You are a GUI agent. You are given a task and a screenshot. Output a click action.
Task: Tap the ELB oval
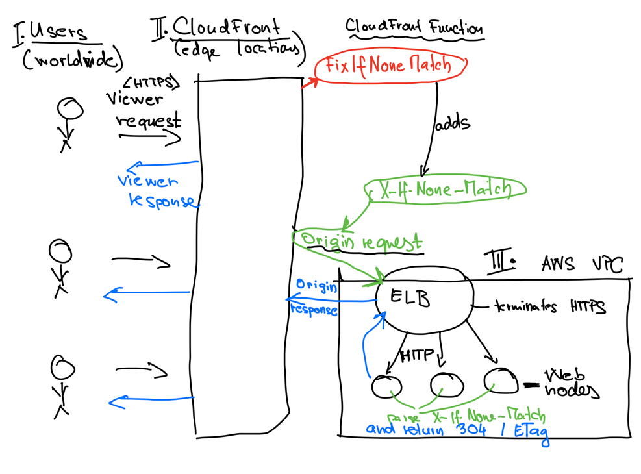(x=422, y=299)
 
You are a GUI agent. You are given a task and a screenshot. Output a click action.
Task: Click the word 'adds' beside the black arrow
(x=451, y=123)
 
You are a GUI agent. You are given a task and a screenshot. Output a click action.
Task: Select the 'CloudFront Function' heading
(x=414, y=29)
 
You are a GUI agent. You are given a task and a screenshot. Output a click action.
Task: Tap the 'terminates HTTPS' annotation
(x=549, y=306)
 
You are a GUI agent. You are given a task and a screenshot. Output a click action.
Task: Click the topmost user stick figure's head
(x=69, y=109)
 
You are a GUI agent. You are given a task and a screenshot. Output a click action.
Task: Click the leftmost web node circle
(x=387, y=386)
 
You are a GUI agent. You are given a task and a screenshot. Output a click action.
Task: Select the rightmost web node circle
(x=501, y=379)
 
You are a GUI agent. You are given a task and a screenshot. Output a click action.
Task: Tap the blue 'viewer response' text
(x=156, y=191)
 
